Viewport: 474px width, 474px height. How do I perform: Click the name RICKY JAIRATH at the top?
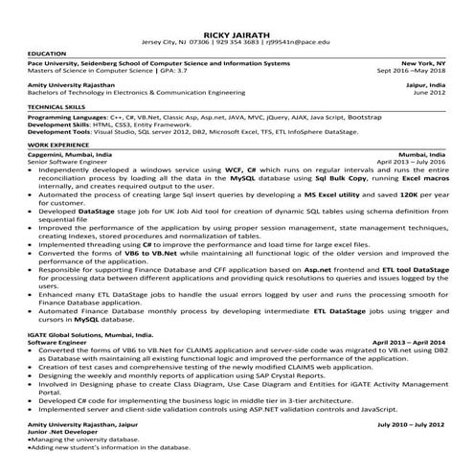[x=236, y=32]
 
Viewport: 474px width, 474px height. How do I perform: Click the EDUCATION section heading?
[x=48, y=54]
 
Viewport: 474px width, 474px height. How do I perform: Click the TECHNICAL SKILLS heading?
[x=60, y=105]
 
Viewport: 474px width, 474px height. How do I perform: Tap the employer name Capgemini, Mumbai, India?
[x=70, y=153]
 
